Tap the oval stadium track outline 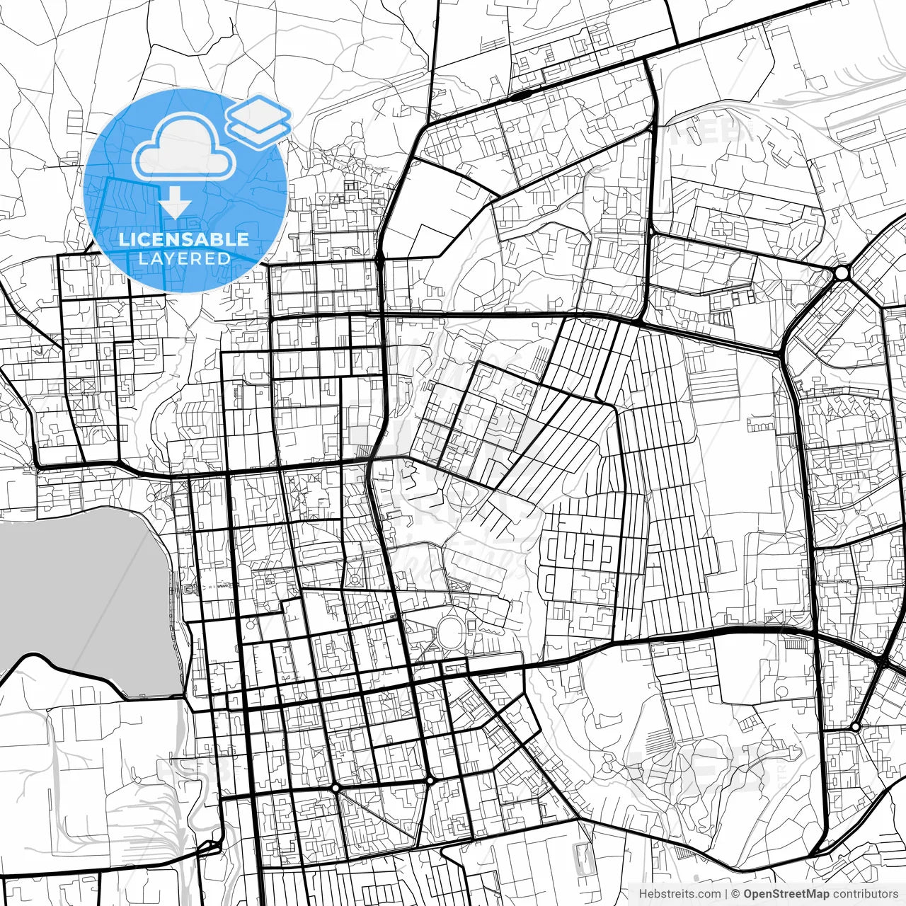pos(450,631)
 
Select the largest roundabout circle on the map pos(842,273)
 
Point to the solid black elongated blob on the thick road pos(522,93)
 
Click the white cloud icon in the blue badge pos(185,147)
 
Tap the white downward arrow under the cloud pos(175,206)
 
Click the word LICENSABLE pos(184,239)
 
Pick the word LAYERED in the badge pos(184,258)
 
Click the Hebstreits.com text pos(679,894)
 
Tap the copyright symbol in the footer pos(736,894)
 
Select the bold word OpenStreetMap pos(786,894)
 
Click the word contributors pos(866,894)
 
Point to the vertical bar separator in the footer pos(727,894)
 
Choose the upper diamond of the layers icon pos(259,110)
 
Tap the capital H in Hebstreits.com pos(643,894)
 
